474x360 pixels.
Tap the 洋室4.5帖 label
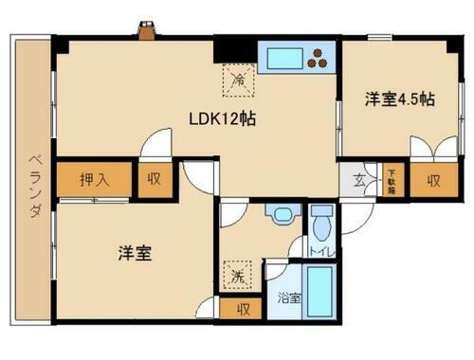click(400, 98)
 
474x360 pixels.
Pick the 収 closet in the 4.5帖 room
click(433, 180)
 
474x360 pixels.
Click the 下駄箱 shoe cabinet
click(391, 180)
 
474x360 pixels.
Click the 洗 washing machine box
click(238, 275)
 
